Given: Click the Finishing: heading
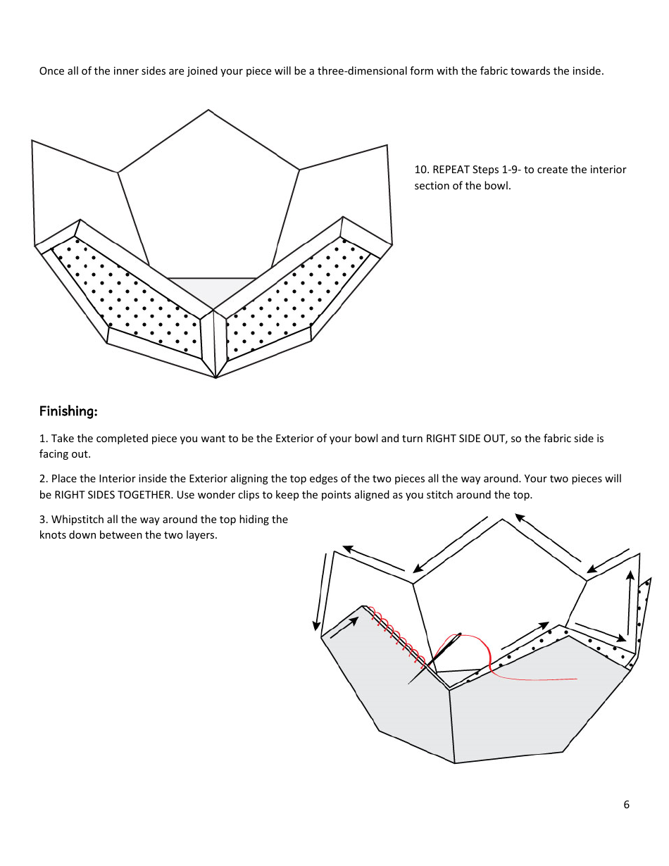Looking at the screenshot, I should (x=68, y=411).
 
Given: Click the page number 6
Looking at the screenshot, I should (x=626, y=805).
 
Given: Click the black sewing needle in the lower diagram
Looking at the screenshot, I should (x=434, y=658).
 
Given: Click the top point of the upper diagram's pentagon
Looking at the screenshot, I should (x=208, y=111).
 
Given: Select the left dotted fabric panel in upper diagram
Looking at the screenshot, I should (x=127, y=296).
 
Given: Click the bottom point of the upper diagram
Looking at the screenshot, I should (x=215, y=377).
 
